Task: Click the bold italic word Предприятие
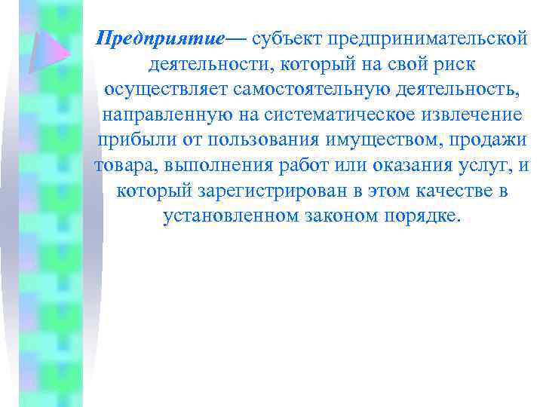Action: click(160, 38)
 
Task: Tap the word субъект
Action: click(284, 38)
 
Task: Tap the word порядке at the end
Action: click(422, 216)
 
